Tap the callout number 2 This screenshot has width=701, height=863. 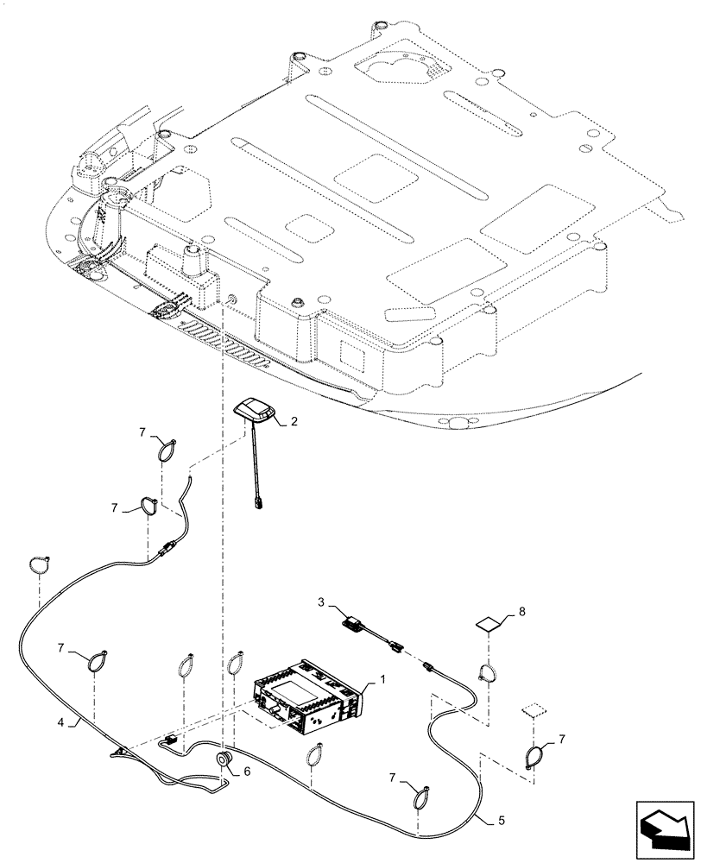point(294,421)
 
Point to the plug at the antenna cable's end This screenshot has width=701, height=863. point(258,502)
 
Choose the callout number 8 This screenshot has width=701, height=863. point(521,613)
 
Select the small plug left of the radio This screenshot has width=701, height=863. point(172,740)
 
